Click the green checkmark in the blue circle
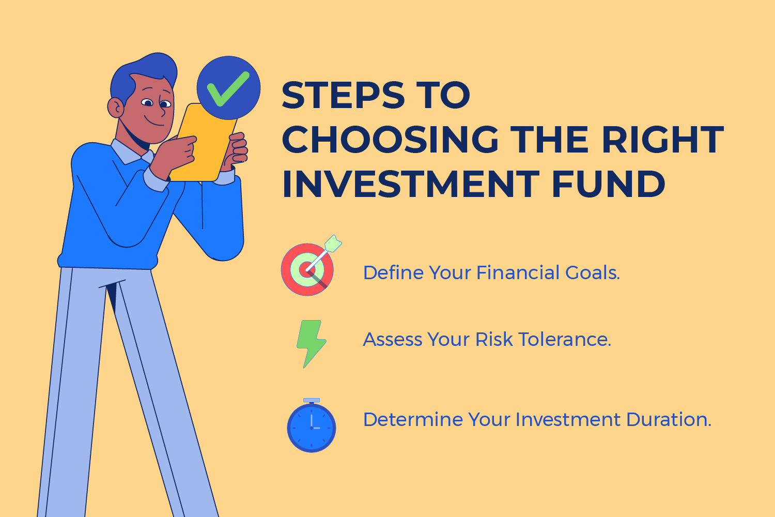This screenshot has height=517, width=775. (x=228, y=88)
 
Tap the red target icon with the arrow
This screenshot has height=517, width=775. (x=307, y=269)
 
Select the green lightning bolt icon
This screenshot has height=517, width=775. (x=311, y=343)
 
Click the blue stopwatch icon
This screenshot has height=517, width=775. (x=312, y=427)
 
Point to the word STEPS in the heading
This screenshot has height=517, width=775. (x=343, y=96)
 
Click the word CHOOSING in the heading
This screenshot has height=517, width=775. (x=390, y=140)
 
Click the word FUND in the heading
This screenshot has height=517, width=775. (x=608, y=184)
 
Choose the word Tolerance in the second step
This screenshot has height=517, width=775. (x=565, y=340)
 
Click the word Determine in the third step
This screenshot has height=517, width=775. (x=412, y=419)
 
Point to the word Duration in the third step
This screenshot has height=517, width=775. (x=669, y=419)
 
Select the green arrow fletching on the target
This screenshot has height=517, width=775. (x=333, y=242)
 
